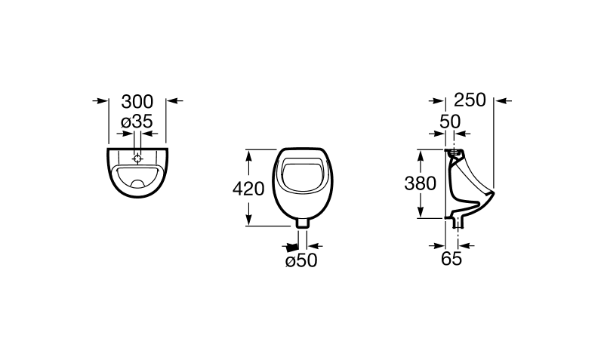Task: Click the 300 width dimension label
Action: (x=137, y=101)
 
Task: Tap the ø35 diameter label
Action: (x=137, y=122)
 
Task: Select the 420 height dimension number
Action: (x=248, y=189)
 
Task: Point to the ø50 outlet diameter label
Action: (x=301, y=261)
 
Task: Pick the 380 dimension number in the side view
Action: (x=421, y=183)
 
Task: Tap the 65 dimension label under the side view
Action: (x=451, y=259)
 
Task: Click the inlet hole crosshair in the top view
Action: (x=137, y=158)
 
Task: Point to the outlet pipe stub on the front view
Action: (x=303, y=223)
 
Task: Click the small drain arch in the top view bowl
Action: (x=137, y=182)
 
